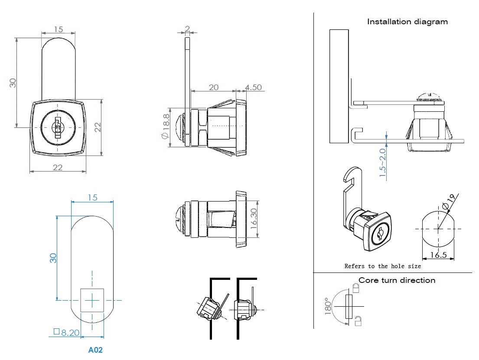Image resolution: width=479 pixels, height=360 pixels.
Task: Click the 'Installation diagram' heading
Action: (407, 22)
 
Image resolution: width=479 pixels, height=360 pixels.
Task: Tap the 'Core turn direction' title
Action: (397, 280)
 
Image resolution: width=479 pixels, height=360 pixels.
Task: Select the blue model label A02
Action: (95, 350)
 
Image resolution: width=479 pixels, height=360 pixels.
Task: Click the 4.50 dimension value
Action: (253, 87)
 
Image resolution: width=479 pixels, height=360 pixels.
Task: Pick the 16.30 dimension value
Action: (254, 217)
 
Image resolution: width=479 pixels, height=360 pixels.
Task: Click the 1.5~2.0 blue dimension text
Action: (382, 163)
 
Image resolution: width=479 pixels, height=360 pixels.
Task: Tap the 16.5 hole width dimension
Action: (439, 255)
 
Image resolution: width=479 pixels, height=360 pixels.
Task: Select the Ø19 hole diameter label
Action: (450, 200)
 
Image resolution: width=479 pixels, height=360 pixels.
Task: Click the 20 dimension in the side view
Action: (213, 87)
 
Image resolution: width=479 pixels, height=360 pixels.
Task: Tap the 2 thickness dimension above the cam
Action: (187, 29)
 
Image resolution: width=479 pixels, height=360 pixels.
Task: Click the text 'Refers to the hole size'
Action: (382, 266)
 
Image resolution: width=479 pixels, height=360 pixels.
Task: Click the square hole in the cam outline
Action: (92, 300)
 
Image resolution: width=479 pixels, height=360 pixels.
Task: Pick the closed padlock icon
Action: (355, 287)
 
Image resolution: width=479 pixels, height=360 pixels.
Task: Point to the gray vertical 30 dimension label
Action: (13, 82)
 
